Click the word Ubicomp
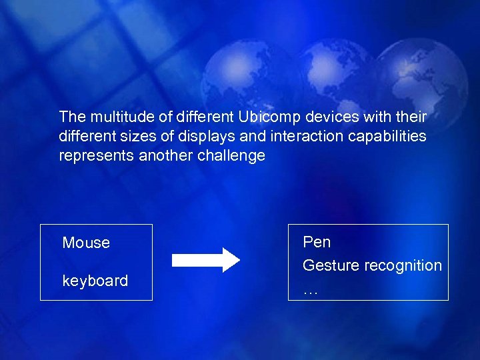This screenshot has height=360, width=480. [x=269, y=117]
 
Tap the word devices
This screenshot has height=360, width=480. [x=330, y=117]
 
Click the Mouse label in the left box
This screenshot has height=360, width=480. [x=86, y=243]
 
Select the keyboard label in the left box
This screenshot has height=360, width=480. [x=95, y=281]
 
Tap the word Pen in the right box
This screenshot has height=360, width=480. [x=317, y=242]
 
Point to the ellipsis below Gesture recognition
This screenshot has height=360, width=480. [x=310, y=292]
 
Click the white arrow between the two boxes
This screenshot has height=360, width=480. [x=206, y=260]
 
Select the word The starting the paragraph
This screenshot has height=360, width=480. [x=73, y=117]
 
